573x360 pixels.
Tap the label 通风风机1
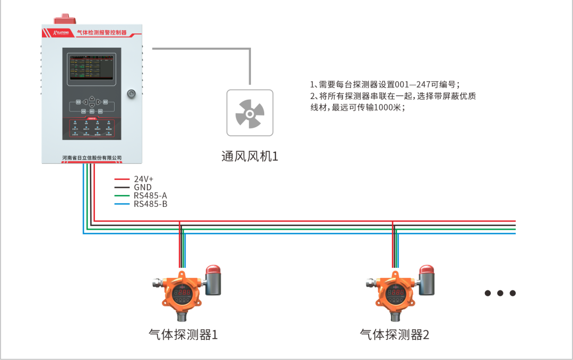[250, 156]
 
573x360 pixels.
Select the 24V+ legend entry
[143, 179]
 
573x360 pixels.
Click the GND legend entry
[142, 187]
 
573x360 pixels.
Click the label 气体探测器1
[183, 335]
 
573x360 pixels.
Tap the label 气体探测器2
[394, 335]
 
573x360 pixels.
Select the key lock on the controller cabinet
[131, 94]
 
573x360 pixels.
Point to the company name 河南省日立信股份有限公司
[92, 157]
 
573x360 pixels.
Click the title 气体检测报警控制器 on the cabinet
[102, 32]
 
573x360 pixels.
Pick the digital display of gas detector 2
[395, 292]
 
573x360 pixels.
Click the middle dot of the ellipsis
[500, 293]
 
